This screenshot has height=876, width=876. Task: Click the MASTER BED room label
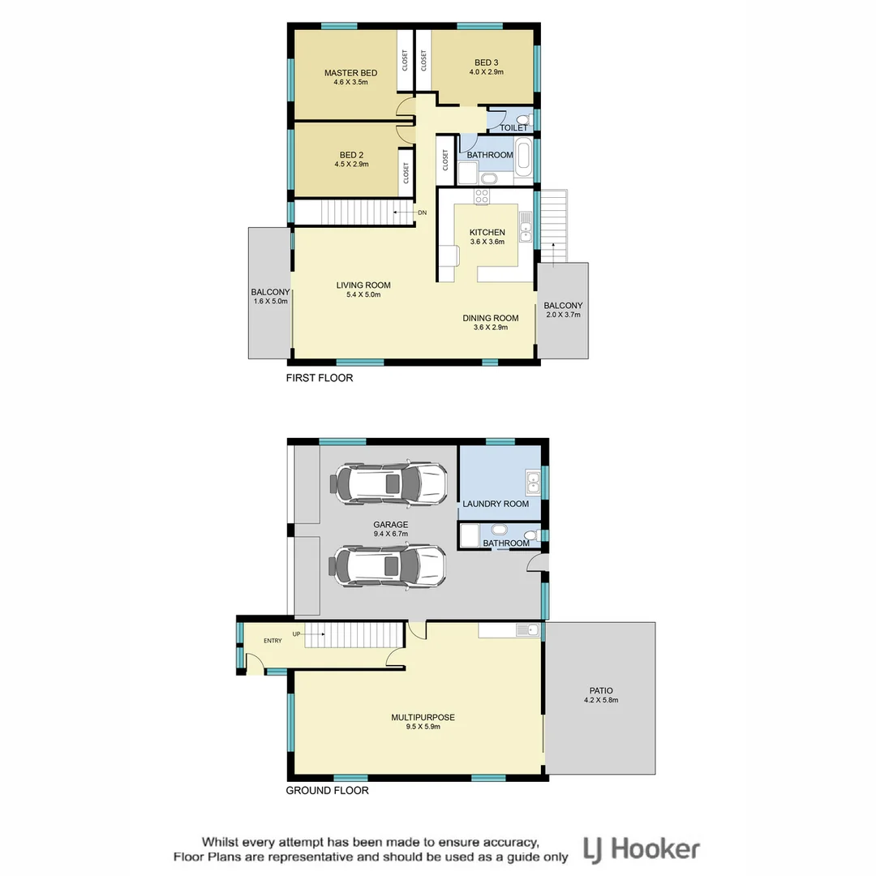(350, 73)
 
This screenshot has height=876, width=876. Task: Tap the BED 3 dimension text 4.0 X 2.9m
(486, 72)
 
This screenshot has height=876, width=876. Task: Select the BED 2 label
(350, 154)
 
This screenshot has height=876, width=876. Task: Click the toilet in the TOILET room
(523, 122)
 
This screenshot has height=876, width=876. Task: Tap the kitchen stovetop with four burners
(482, 196)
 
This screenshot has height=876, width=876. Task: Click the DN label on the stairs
(422, 213)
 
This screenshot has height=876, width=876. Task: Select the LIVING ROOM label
(363, 285)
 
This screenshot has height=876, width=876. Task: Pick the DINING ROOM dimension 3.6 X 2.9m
(490, 327)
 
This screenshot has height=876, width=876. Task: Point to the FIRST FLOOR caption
(319, 378)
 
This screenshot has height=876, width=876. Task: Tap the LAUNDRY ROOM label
(495, 504)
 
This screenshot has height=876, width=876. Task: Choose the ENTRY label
(272, 641)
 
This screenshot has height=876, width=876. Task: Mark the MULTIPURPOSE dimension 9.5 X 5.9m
(422, 727)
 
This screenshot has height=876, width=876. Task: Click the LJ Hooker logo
(642, 849)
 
